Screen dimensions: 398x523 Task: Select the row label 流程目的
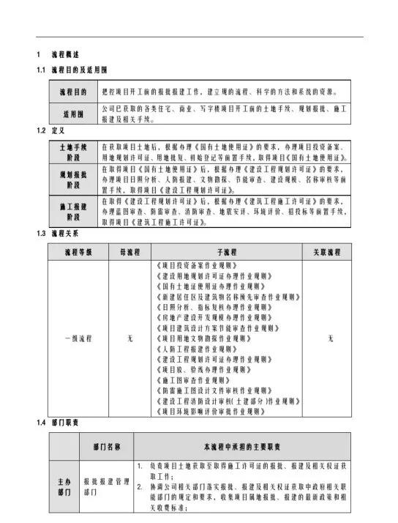[72, 92]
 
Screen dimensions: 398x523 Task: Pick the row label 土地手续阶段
[72, 152]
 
